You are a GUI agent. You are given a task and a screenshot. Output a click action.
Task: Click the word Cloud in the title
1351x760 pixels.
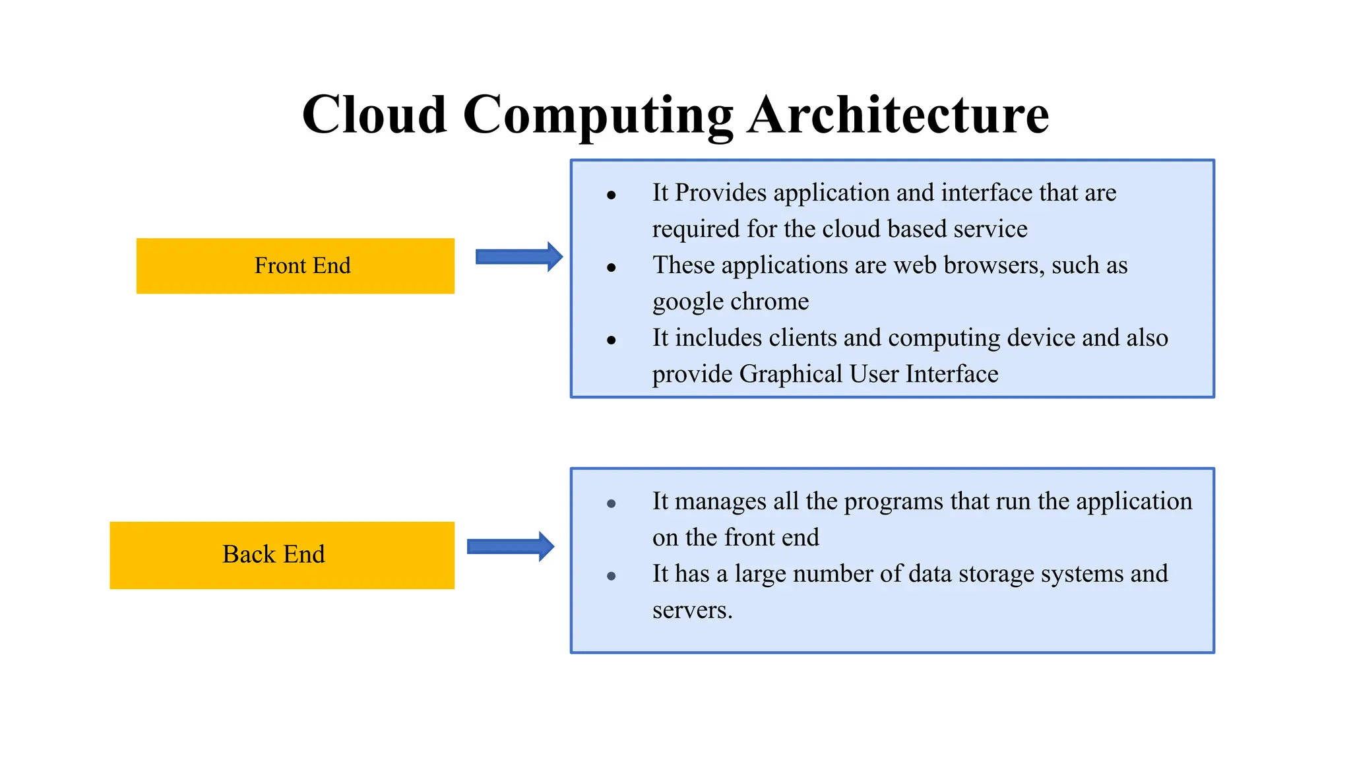[374, 114]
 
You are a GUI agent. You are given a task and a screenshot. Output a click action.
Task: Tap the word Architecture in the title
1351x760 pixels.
[898, 114]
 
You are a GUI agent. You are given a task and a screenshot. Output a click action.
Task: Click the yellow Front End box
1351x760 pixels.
[296, 266]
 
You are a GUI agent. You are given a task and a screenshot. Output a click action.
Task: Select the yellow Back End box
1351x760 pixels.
[282, 555]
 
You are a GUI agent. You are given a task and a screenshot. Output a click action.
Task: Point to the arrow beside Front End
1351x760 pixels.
[519, 257]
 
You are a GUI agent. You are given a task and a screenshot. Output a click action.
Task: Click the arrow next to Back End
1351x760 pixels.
[511, 546]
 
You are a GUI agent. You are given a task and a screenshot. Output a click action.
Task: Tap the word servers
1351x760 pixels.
[692, 610]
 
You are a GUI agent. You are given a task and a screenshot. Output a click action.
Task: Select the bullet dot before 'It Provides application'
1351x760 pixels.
[612, 195]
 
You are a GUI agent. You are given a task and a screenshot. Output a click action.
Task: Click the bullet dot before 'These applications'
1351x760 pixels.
[612, 268]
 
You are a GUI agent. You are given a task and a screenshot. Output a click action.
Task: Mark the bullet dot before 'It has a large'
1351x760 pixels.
[612, 576]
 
